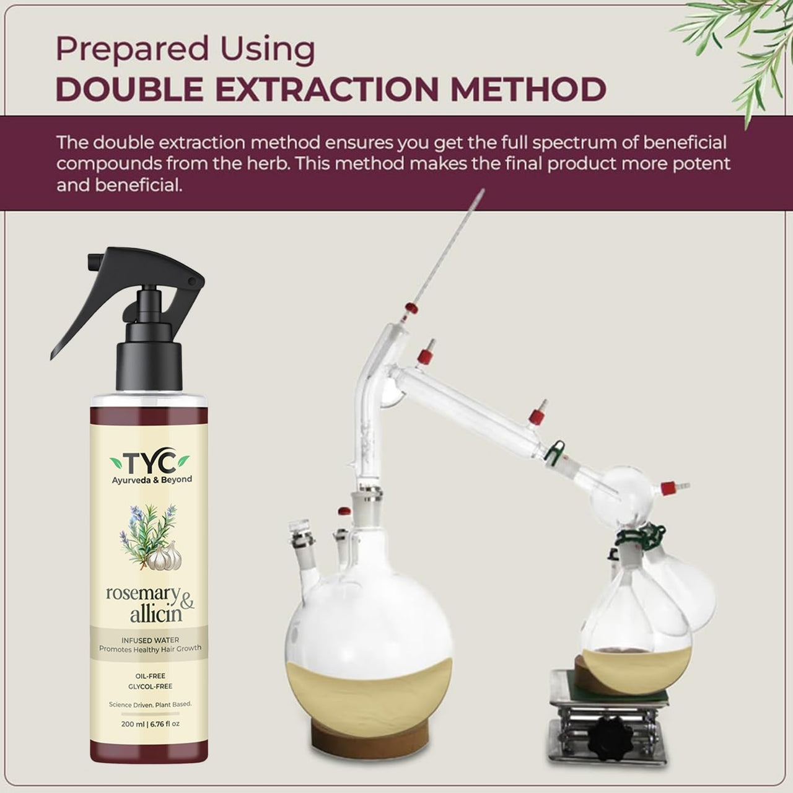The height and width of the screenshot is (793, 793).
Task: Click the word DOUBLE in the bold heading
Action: (129, 89)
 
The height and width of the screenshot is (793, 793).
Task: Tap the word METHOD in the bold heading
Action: (528, 89)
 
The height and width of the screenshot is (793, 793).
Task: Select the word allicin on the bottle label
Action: (156, 615)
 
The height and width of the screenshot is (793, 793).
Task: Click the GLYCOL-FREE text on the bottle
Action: (150, 686)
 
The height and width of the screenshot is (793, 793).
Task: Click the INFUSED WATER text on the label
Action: (150, 640)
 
